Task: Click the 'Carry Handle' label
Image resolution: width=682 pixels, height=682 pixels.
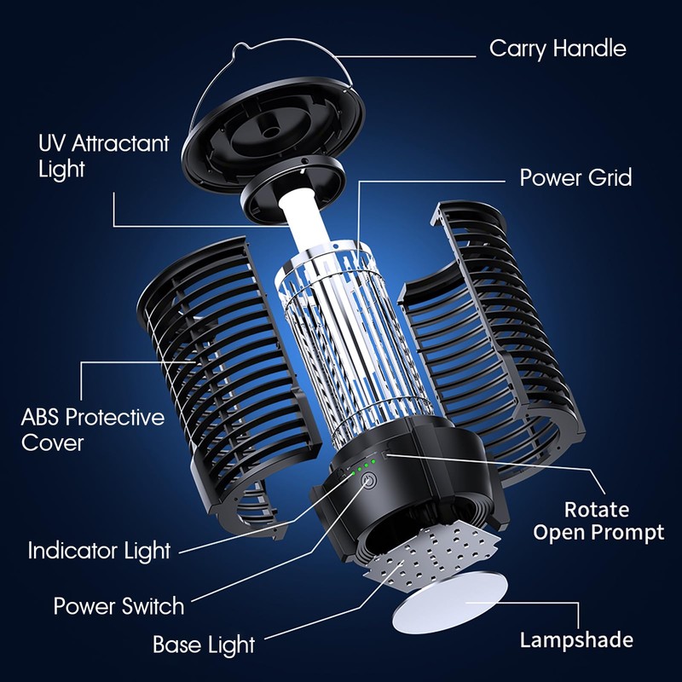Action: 558,48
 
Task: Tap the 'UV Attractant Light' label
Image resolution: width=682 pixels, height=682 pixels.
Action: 104,155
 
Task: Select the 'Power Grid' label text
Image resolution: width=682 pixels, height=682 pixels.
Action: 575,178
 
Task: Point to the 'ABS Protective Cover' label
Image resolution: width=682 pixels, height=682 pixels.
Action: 92,430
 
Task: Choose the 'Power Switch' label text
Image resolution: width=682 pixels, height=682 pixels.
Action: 118,606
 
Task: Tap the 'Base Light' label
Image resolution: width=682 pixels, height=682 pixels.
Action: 203,644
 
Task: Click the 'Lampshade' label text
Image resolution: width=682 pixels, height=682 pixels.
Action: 576,639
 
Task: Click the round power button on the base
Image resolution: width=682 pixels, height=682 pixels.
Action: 370,482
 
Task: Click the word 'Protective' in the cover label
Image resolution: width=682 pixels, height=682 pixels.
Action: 114,418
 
